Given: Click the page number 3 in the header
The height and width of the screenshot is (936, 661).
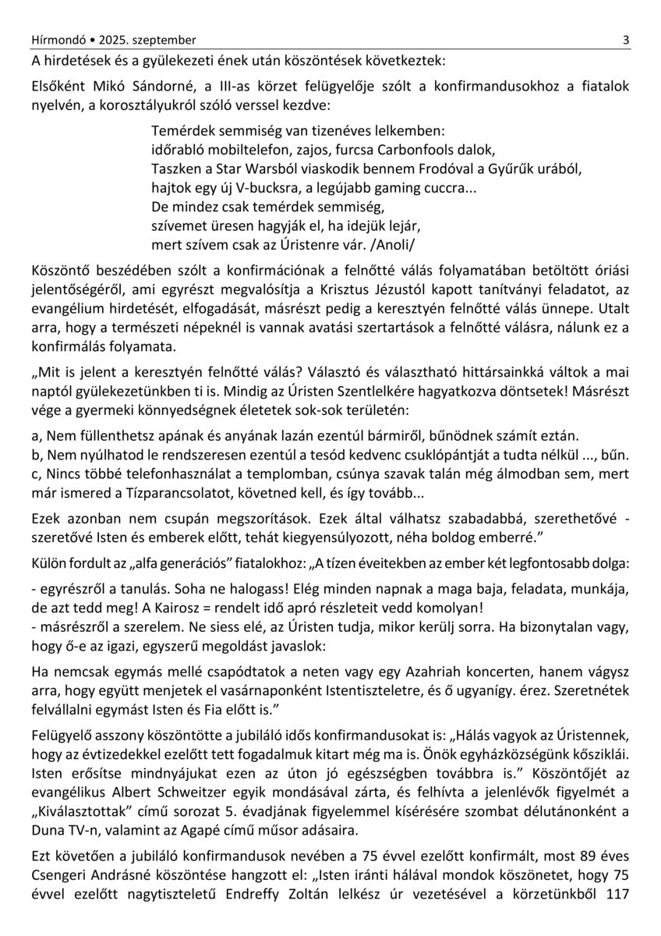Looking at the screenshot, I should click(626, 40).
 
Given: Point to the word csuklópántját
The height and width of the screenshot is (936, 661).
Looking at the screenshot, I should click(452, 454).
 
